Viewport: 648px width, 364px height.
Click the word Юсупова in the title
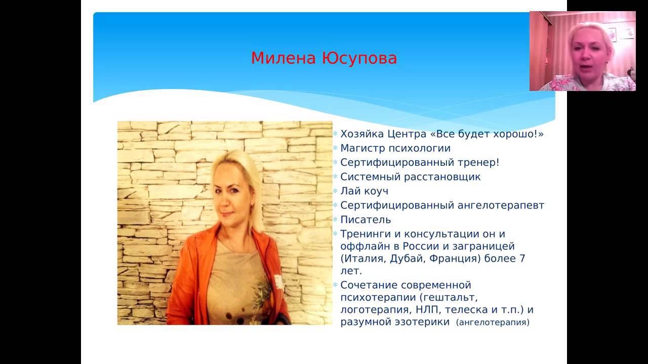click(359, 58)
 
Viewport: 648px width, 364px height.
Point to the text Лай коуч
click(364, 191)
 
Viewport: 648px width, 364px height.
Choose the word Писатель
click(366, 219)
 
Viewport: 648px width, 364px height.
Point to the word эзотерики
click(422, 322)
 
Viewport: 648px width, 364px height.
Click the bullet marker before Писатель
click(335, 219)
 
